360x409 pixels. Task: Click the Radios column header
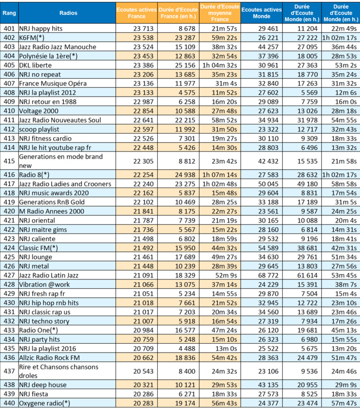pyautogui.click(x=65, y=11)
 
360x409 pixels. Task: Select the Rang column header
pyautogui.click(x=9, y=11)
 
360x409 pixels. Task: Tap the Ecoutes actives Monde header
pyautogui.click(x=261, y=11)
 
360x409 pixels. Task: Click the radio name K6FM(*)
pyautogui.click(x=31, y=38)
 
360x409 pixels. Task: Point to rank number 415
pyautogui.click(x=9, y=160)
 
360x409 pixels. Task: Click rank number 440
pyautogui.click(x=9, y=403)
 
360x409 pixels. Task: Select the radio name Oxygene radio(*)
pyautogui.click(x=44, y=403)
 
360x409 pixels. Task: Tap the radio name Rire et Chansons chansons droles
pyautogui.click(x=59, y=371)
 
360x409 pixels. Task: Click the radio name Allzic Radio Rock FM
pyautogui.click(x=49, y=357)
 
